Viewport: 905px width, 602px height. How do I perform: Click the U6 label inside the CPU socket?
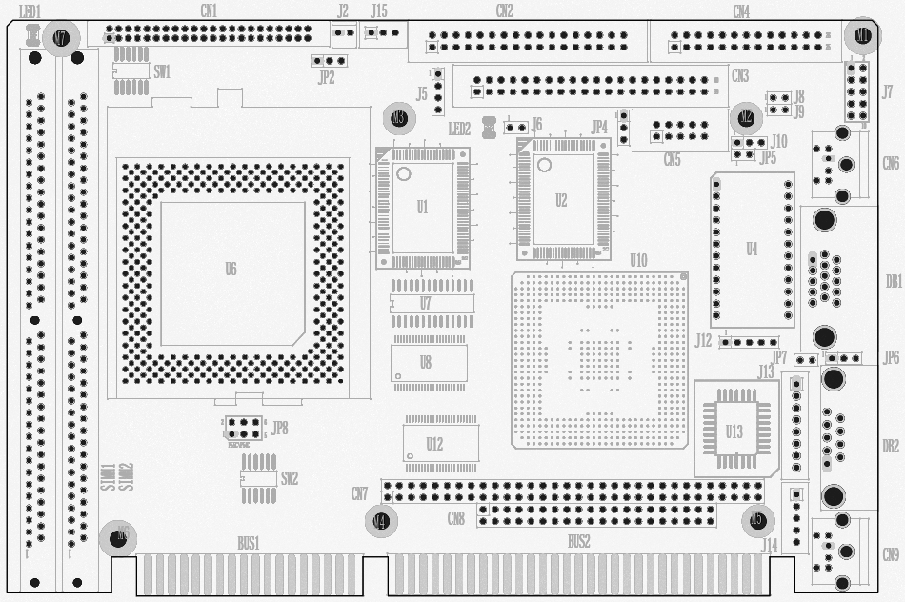(231, 270)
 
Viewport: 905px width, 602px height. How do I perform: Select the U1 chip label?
(422, 206)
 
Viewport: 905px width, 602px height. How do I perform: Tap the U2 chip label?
(561, 200)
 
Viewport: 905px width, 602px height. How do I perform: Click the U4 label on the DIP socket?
(752, 250)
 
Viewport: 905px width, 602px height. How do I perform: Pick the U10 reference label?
(638, 260)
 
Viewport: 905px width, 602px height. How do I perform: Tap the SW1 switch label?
(162, 71)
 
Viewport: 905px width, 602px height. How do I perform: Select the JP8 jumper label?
(279, 428)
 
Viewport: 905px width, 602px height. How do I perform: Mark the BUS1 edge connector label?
(249, 543)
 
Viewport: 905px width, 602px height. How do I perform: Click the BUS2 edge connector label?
(578, 542)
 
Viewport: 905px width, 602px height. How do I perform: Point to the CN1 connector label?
(209, 11)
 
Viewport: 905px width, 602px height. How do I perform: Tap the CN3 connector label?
(739, 75)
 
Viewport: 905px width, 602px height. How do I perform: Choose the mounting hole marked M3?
(399, 118)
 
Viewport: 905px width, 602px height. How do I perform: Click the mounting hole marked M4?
(381, 521)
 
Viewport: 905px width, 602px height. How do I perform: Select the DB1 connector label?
(893, 282)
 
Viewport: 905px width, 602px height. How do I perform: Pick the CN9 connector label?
(891, 555)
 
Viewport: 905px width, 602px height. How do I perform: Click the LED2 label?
(459, 129)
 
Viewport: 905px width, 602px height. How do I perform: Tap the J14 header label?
(769, 545)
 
